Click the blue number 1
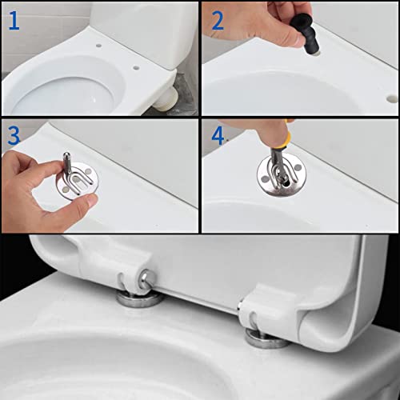pos(14,21)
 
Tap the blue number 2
pos(218,21)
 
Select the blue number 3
pos(14,136)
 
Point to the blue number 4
pos(218,136)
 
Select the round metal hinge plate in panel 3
pos(78,182)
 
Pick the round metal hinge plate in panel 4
pos(282,176)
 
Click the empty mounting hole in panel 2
pos(392,99)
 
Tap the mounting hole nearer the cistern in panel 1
pos(98,46)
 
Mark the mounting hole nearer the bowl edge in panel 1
pos(136,68)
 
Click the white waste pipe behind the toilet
pos(166,99)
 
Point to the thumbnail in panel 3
pos(93,200)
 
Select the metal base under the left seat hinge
pos(139,299)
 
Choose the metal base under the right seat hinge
pos(266,339)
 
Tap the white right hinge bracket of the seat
pos(270,310)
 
